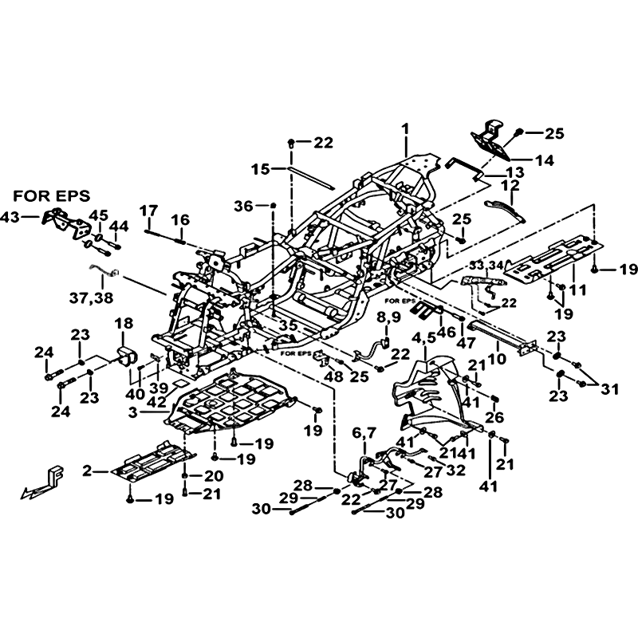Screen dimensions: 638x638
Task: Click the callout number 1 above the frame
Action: click(405, 128)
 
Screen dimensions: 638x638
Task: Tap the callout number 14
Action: click(544, 159)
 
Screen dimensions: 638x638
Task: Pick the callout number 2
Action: click(87, 471)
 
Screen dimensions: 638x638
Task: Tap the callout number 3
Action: click(132, 412)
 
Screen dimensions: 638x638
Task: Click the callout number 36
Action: click(245, 206)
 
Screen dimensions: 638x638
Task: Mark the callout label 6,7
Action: click(364, 432)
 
